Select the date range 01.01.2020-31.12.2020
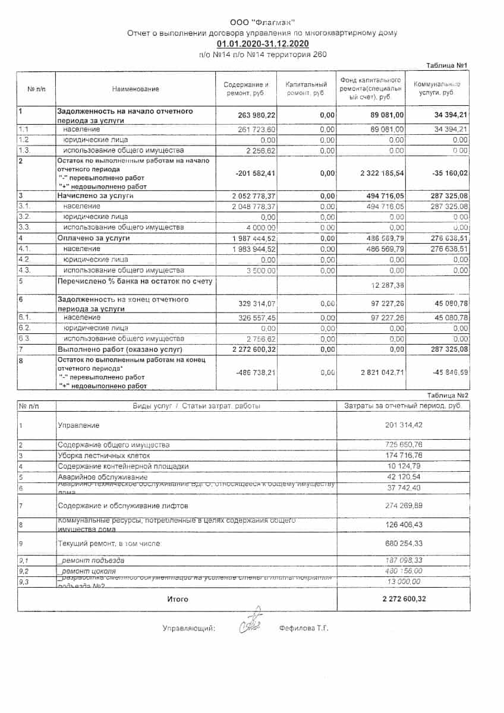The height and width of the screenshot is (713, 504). click(262, 44)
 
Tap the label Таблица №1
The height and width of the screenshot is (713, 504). click(448, 65)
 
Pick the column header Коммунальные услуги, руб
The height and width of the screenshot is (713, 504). click(437, 89)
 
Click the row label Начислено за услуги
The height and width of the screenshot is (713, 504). click(95, 195)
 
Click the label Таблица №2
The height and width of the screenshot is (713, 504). click(448, 395)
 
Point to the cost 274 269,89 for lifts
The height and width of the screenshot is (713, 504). click(404, 506)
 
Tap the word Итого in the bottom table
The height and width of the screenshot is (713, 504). click(177, 600)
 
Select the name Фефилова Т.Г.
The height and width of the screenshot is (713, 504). click(304, 628)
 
